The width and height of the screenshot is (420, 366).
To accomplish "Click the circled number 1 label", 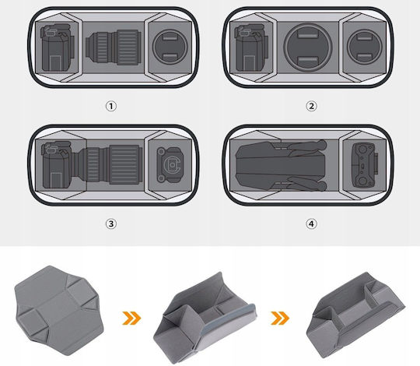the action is [111, 106].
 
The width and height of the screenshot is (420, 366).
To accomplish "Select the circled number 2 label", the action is [311, 106].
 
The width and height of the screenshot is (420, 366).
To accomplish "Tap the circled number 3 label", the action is [111, 223].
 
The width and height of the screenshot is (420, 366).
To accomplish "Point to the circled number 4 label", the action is [311, 223].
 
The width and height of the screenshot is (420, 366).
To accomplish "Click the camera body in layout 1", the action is [57, 48].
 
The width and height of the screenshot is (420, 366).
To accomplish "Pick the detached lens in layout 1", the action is [114, 48].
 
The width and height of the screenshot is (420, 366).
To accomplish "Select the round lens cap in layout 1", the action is [170, 47].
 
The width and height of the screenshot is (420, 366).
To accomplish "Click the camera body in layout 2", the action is [251, 48].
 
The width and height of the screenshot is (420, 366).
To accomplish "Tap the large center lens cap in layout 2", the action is [308, 48].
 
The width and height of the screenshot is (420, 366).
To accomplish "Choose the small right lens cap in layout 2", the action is [365, 47].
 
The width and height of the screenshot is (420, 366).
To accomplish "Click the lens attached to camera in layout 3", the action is [110, 165].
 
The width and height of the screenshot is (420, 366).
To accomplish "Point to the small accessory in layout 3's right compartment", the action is [170, 164].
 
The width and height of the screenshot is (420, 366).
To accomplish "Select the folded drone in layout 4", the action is [282, 166].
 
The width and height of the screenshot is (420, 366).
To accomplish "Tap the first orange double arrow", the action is [131, 318].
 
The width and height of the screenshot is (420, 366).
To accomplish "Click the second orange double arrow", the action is [280, 318].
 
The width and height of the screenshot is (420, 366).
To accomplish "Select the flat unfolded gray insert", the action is [59, 311].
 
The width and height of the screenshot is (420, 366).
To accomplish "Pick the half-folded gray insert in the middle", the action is [205, 318].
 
